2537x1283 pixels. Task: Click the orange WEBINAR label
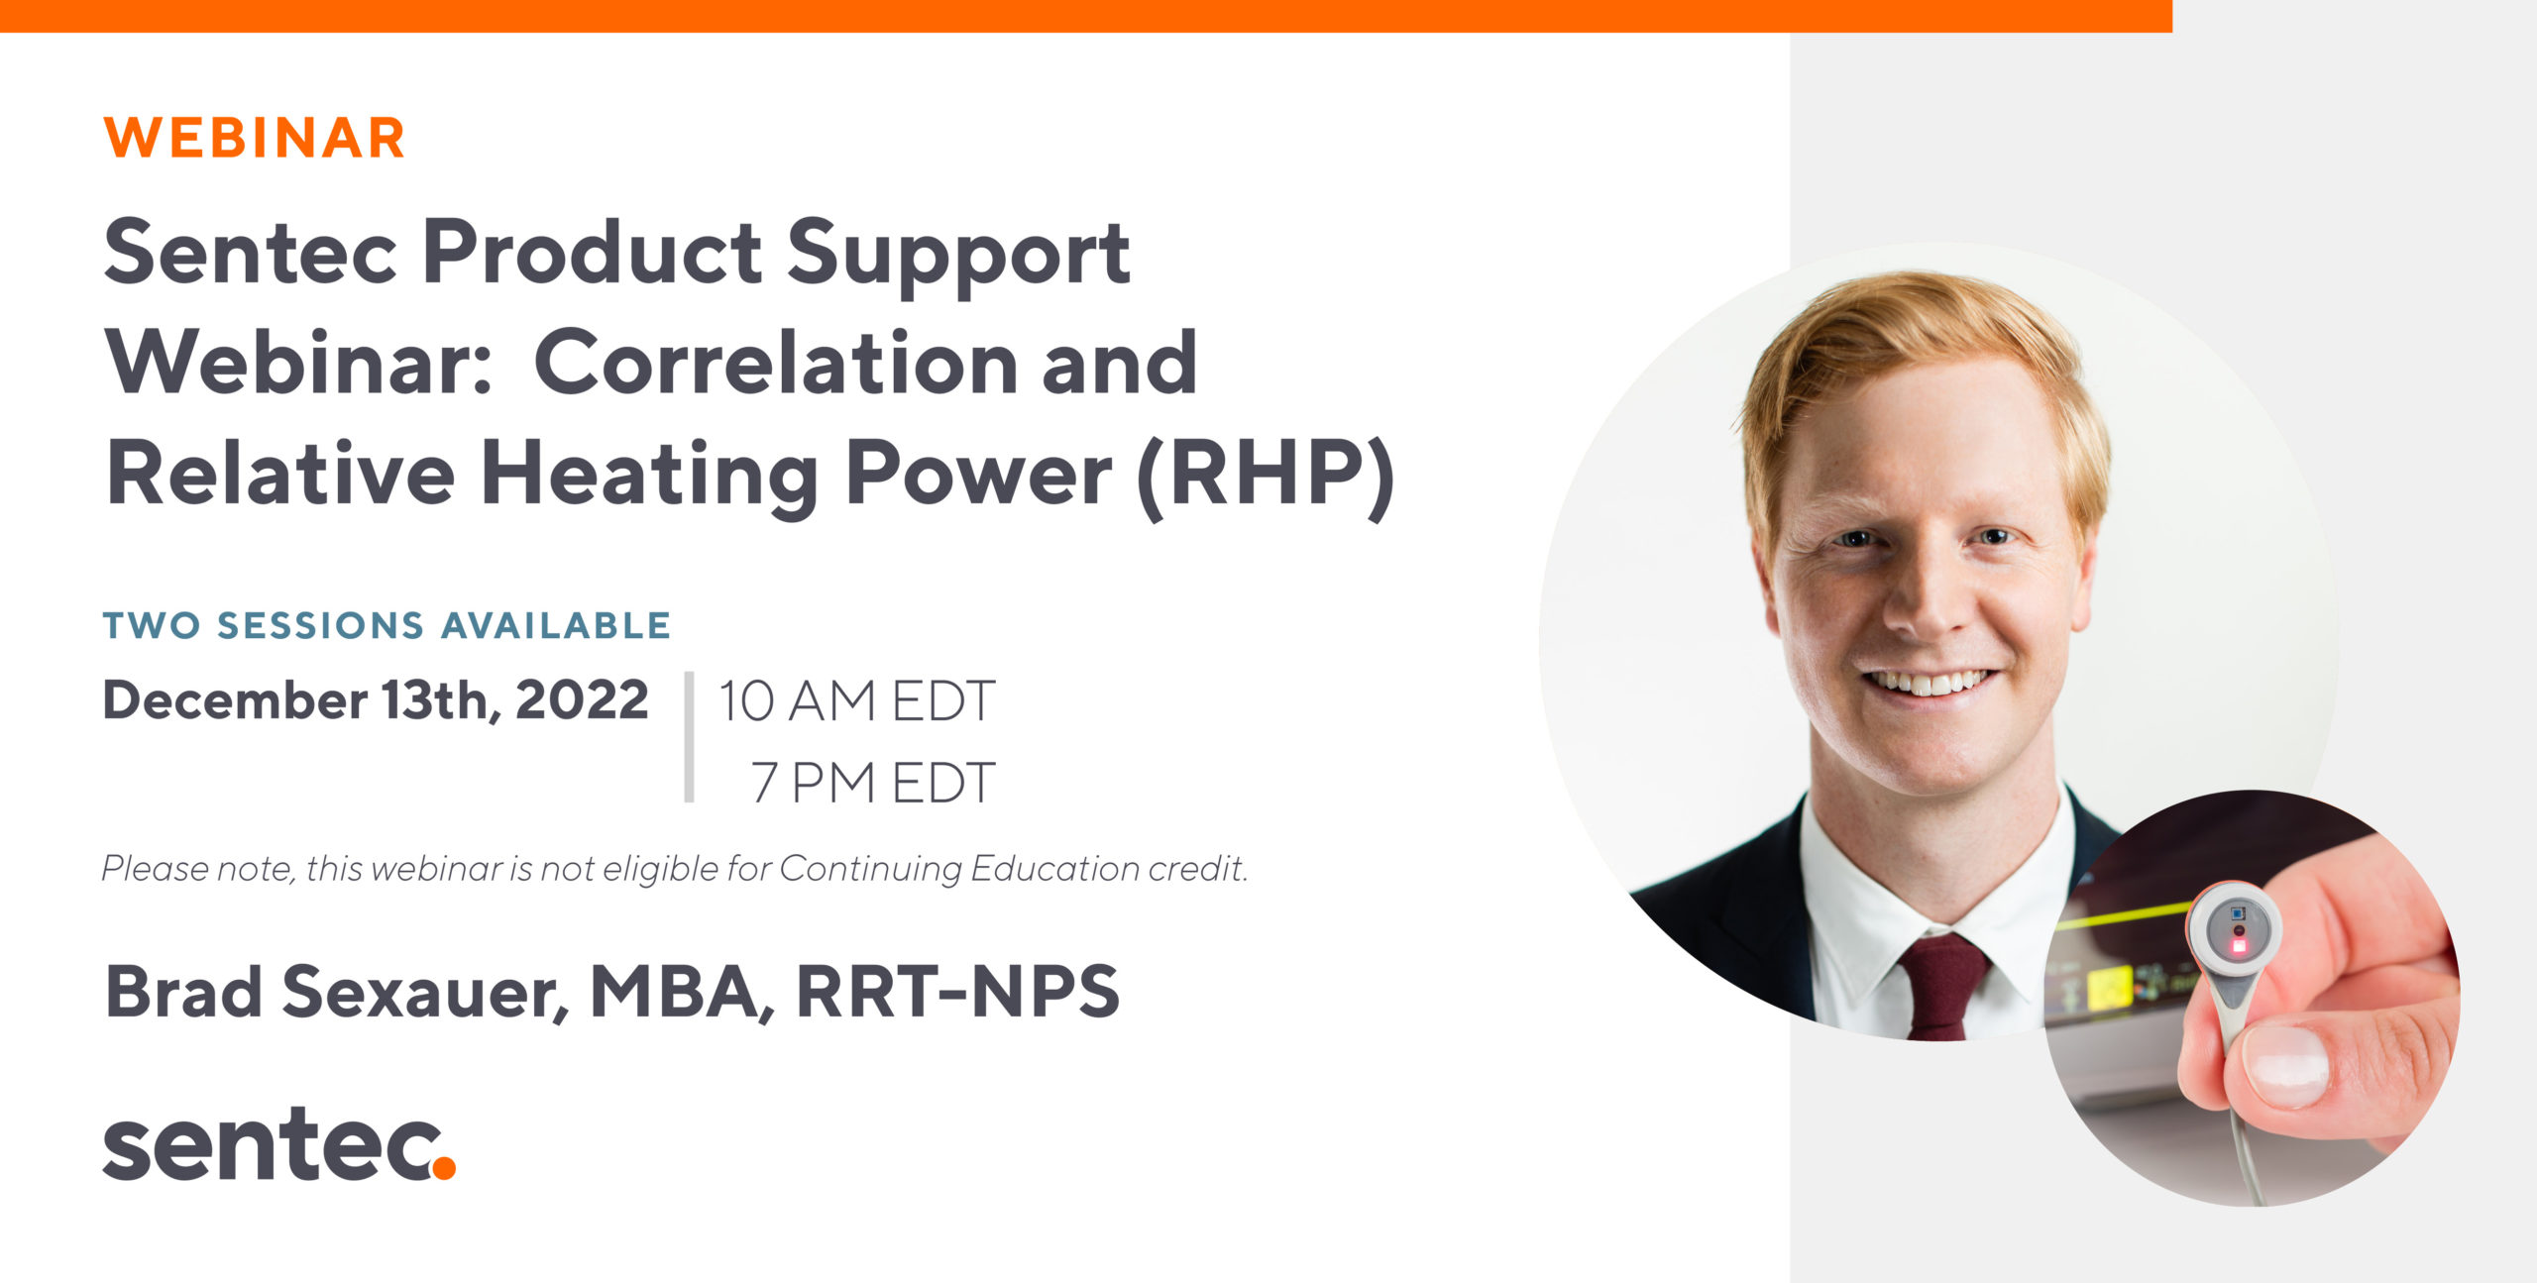tap(255, 138)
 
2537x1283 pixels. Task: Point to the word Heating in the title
tap(650, 477)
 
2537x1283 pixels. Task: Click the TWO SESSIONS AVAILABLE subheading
tap(387, 625)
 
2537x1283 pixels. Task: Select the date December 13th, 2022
tap(376, 700)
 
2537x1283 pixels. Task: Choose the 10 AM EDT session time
tap(856, 701)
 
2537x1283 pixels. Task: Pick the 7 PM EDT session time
tap(872, 783)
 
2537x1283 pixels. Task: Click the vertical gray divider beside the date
tap(689, 736)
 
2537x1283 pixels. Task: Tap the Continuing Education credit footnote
tap(675, 869)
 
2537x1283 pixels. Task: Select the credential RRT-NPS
tap(957, 991)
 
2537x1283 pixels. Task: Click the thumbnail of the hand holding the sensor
tap(2253, 998)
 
